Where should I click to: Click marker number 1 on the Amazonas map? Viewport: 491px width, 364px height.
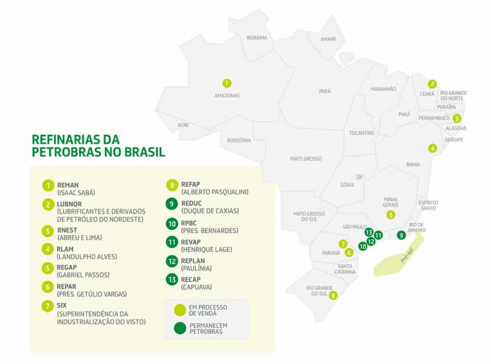(x=227, y=83)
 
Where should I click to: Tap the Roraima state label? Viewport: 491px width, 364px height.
(x=257, y=38)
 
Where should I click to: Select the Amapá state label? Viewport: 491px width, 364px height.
(x=328, y=39)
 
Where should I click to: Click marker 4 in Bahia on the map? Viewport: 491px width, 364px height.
(x=432, y=148)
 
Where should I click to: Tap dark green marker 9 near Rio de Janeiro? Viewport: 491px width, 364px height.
(x=401, y=235)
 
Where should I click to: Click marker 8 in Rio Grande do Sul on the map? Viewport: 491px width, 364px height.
(x=333, y=295)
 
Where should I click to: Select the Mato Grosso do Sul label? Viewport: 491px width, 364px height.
(x=309, y=216)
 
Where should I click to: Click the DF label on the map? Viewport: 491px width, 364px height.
(x=360, y=177)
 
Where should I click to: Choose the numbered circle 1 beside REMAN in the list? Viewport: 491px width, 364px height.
(x=48, y=186)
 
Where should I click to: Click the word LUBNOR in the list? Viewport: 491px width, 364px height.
(x=70, y=204)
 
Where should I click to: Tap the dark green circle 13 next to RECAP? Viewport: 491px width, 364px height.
(x=172, y=280)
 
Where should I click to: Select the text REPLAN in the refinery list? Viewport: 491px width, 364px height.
(x=193, y=261)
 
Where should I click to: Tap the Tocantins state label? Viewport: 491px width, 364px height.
(x=361, y=133)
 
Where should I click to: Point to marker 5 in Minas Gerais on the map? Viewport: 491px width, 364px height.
(x=390, y=214)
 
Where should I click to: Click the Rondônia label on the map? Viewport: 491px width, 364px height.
(x=239, y=140)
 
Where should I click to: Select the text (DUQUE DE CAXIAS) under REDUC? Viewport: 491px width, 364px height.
(x=209, y=211)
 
